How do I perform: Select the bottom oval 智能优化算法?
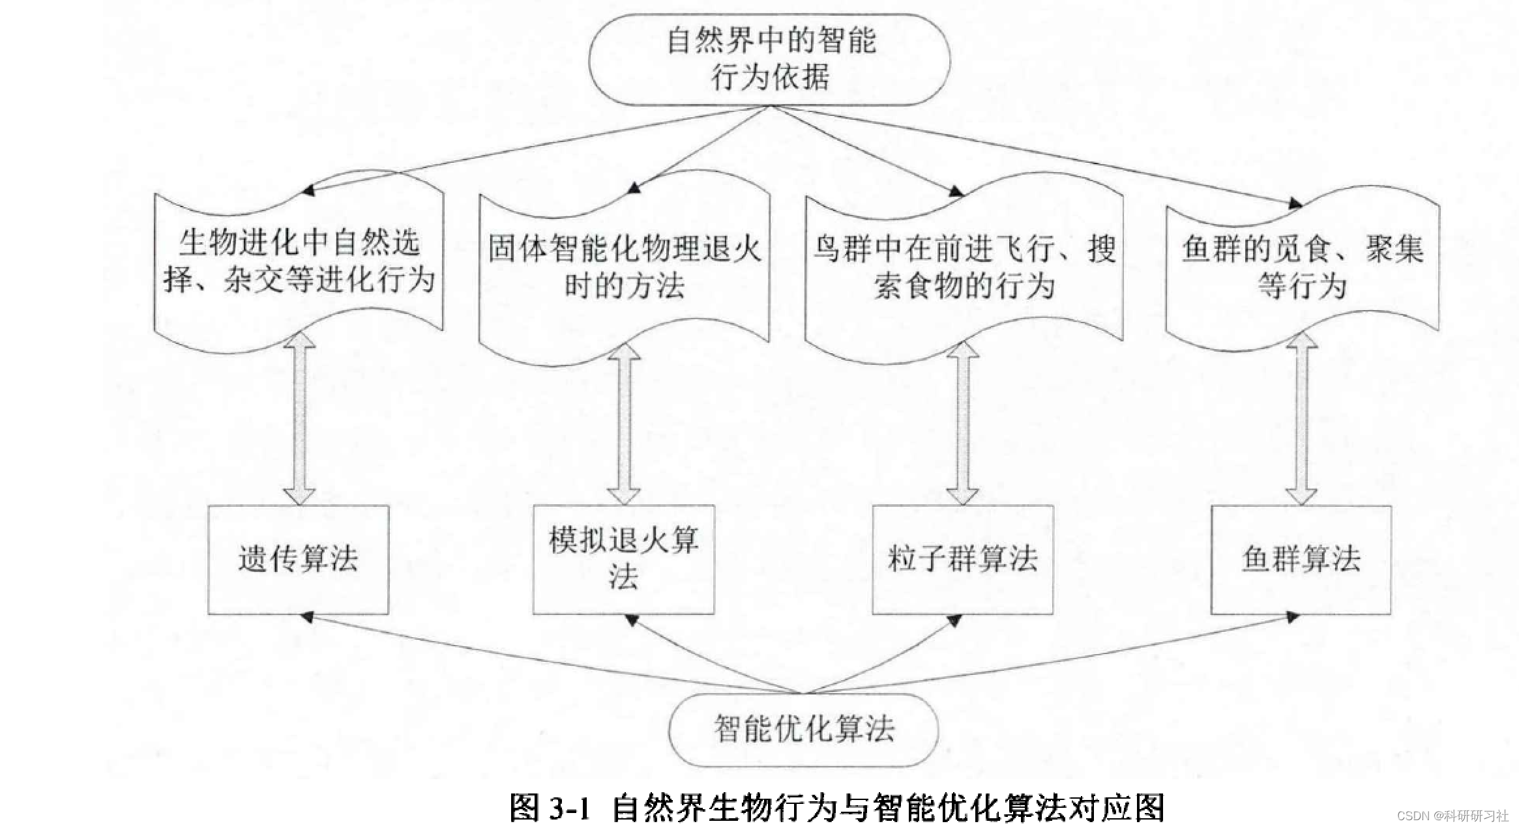click(804, 729)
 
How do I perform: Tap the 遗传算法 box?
click(298, 560)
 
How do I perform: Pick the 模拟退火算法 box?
click(623, 560)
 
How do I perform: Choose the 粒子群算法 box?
click(962, 560)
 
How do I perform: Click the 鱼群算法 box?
click(1301, 560)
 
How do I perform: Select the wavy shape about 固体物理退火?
click(624, 267)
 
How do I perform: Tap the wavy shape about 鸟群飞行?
click(964, 267)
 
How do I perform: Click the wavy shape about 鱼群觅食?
click(1302, 267)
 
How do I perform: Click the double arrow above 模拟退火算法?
click(624, 423)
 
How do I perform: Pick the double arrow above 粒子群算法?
click(962, 423)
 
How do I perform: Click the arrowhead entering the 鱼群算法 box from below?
click(1293, 617)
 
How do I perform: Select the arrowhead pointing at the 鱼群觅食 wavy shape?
click(1295, 205)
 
